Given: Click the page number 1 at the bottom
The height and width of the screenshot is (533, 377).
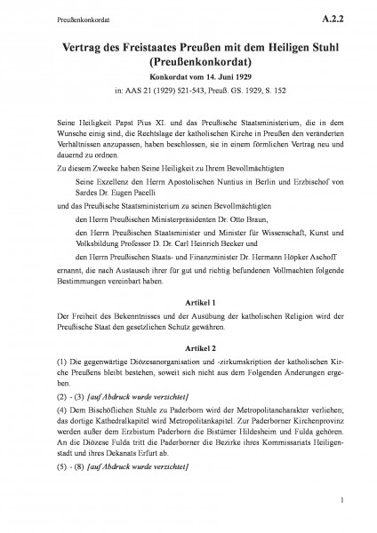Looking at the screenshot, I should (x=341, y=513).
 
